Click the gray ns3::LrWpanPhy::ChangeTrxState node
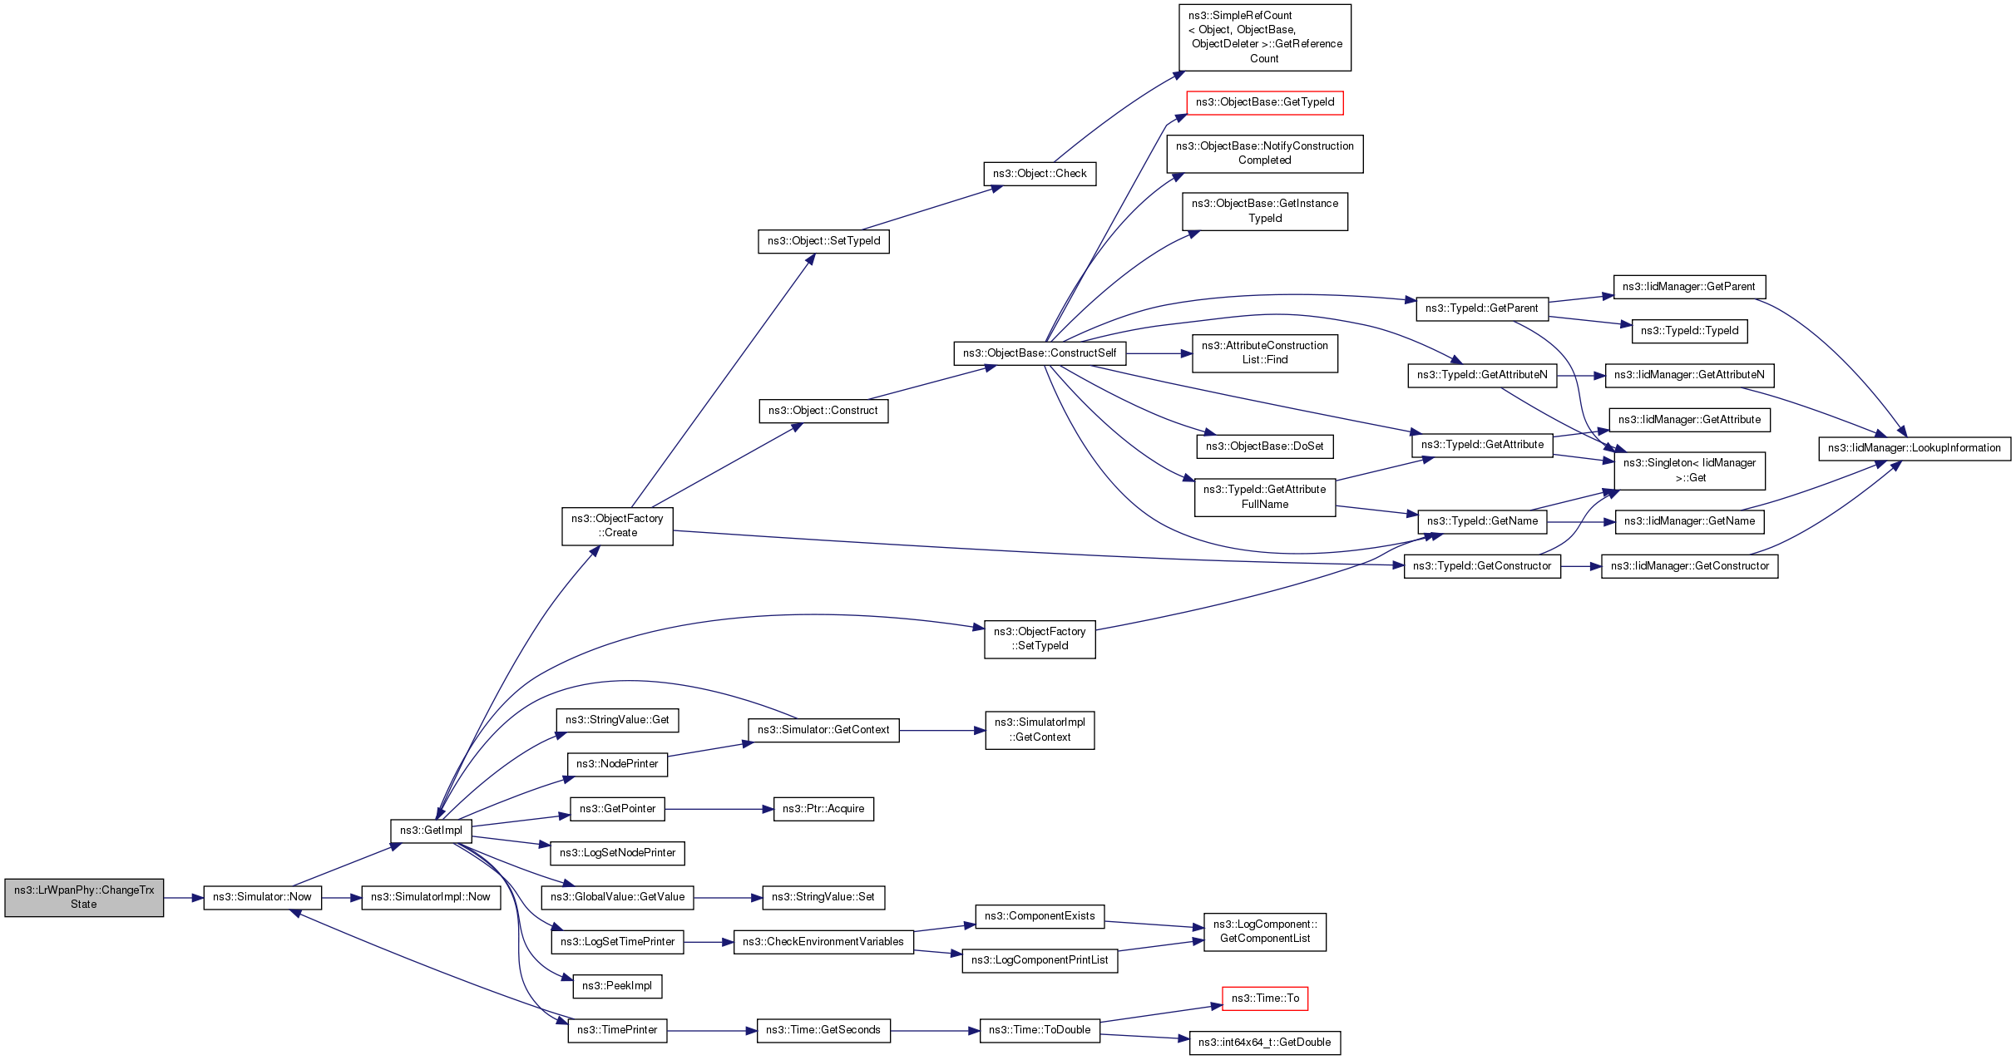tap(84, 897)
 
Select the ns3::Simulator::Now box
tap(262, 897)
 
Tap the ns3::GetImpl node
tap(431, 831)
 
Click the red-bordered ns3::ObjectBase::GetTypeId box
tap(1264, 102)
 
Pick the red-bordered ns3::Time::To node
tap(1264, 998)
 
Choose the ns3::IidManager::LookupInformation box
tap(1914, 448)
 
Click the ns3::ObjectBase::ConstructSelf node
tap(1040, 353)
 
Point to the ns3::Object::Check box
tap(1040, 174)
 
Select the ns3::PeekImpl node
tap(617, 986)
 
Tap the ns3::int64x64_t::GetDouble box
tap(1264, 1043)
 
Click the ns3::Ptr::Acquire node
tap(823, 809)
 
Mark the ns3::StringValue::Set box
tap(823, 897)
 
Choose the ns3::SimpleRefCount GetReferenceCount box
tap(1264, 37)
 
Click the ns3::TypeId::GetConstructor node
tap(1482, 566)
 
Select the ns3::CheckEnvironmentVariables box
tap(823, 942)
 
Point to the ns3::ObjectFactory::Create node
tap(617, 525)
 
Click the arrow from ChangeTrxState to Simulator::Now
tap(184, 898)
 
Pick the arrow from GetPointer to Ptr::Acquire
tap(719, 809)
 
